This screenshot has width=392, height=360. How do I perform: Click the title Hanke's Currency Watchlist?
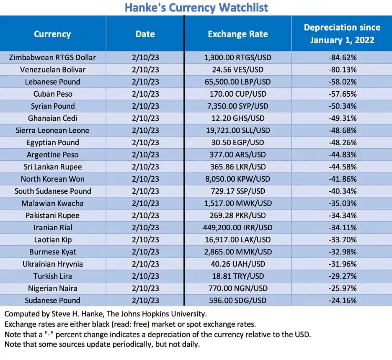[196, 7]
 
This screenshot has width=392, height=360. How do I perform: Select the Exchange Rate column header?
[237, 34]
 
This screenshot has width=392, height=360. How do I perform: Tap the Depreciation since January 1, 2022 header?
[342, 34]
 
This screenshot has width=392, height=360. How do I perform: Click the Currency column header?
[52, 34]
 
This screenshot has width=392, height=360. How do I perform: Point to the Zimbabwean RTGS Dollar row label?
[52, 57]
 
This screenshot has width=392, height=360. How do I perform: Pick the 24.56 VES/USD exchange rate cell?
[237, 69]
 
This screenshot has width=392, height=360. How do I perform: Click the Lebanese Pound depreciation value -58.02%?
[342, 82]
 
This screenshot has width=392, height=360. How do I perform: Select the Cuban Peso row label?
[52, 94]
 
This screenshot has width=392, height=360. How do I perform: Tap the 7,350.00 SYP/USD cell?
[237, 106]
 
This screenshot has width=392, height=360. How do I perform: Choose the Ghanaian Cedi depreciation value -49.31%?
[342, 118]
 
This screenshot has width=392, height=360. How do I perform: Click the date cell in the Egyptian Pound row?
[145, 142]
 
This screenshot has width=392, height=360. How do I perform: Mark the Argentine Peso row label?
[52, 154]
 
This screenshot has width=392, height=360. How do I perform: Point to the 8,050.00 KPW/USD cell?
[237, 179]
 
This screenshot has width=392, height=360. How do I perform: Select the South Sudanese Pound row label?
[52, 191]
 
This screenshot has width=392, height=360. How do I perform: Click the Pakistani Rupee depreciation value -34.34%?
[342, 215]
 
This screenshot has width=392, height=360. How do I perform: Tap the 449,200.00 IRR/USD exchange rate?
[237, 227]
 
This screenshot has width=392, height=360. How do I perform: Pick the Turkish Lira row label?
[52, 276]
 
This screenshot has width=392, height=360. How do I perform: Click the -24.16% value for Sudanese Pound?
[342, 300]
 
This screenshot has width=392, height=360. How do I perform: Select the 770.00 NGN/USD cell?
[237, 288]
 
